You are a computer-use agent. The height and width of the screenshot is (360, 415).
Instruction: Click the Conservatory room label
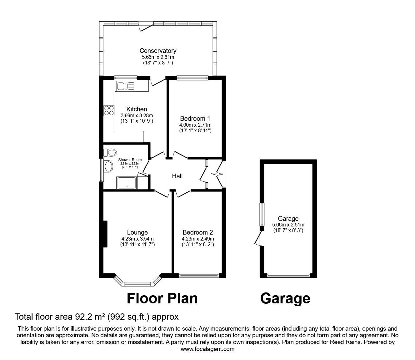coord(158,51)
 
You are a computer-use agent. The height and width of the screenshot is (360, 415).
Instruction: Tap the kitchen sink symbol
coord(125,85)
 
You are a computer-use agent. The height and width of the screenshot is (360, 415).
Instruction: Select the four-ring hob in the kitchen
coord(109,110)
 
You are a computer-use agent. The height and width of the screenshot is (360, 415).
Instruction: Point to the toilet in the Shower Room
coord(110,153)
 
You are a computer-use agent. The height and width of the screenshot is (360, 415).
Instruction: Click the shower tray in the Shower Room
coord(127,183)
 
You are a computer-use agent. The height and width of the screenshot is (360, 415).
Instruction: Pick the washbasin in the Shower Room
coord(108,166)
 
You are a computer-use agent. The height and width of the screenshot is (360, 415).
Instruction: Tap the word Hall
coord(177,176)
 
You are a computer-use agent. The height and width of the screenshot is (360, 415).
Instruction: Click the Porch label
coord(213,174)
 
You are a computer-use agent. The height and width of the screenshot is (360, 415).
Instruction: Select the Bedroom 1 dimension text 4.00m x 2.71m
coord(195,125)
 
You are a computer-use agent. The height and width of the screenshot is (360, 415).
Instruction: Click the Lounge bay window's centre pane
coord(138,284)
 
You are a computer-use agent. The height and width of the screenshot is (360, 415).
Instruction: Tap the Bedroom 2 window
coord(199,275)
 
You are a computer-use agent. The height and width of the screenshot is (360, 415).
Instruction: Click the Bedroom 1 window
coord(192,78)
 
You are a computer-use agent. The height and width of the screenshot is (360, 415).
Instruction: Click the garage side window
coord(262,214)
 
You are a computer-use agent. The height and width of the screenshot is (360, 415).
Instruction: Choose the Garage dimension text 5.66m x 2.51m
coord(288,225)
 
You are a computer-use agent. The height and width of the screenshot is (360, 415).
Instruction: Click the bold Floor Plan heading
coord(162,298)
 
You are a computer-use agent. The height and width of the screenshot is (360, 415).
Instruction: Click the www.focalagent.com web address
coord(207,349)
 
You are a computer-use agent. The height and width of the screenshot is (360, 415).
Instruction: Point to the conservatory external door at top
coord(146,26)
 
